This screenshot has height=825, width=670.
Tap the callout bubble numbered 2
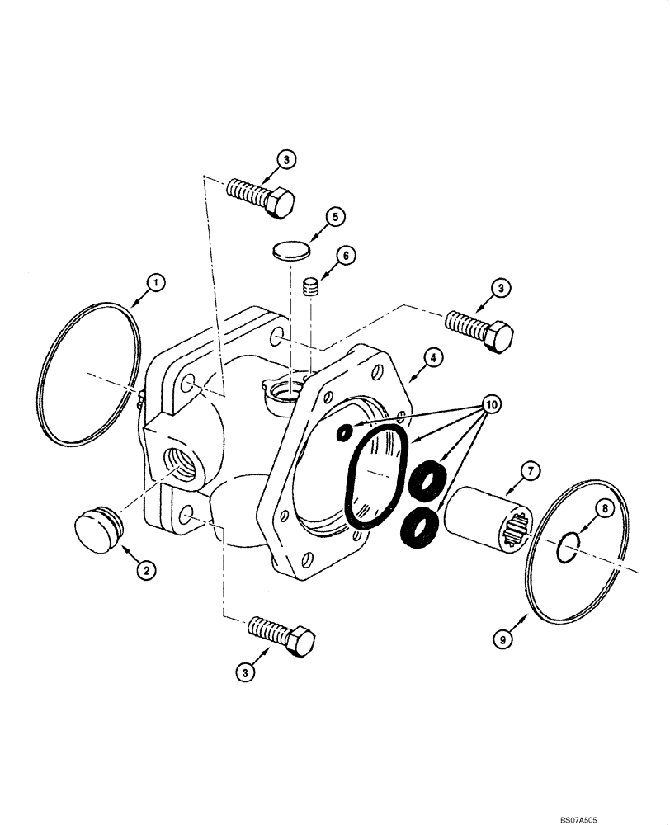pyautogui.click(x=145, y=568)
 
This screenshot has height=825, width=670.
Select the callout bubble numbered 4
pyautogui.click(x=433, y=357)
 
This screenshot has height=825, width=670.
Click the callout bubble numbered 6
pyautogui.click(x=345, y=256)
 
